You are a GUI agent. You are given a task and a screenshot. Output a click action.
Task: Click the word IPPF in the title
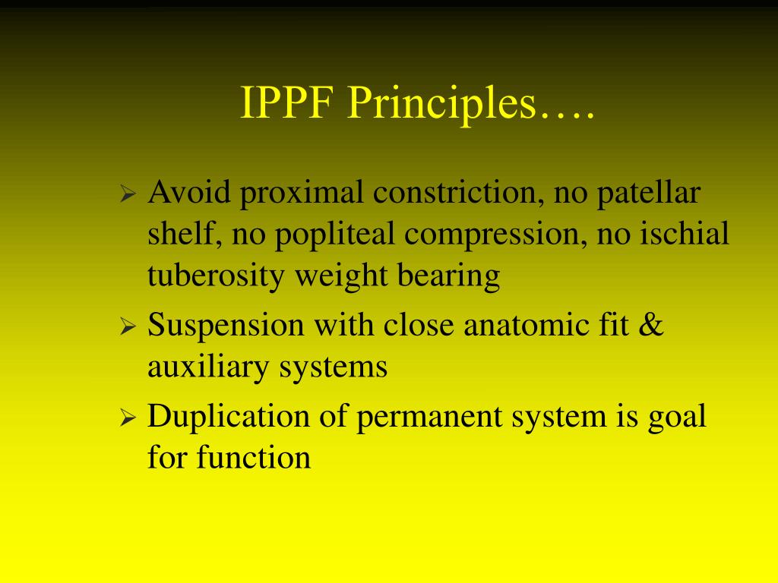(x=286, y=104)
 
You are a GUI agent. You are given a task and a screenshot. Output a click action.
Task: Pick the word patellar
(x=647, y=193)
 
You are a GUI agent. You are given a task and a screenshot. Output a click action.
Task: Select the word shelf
(x=182, y=234)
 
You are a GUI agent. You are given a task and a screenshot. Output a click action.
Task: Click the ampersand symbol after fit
(x=652, y=326)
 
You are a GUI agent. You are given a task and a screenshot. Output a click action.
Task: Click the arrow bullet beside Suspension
(x=128, y=327)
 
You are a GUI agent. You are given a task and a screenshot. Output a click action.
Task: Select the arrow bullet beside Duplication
(x=128, y=418)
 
